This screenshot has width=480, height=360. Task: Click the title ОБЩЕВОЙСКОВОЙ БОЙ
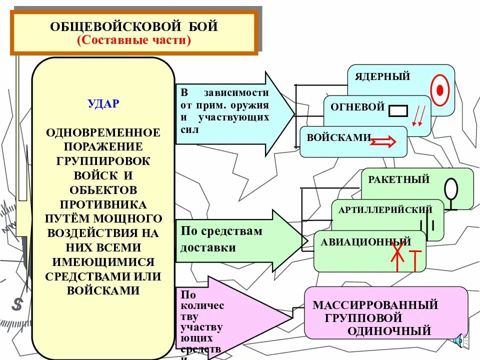(134, 26)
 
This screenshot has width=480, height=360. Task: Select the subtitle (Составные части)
(134, 40)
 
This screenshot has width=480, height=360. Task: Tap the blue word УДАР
(103, 104)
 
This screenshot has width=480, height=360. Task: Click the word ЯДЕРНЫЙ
(382, 76)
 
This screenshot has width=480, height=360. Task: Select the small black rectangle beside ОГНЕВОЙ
(397, 110)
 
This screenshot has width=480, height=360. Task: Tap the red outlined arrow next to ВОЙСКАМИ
(382, 143)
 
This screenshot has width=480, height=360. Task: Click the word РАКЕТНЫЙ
(399, 179)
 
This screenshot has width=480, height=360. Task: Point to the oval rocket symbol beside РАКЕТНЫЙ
(451, 190)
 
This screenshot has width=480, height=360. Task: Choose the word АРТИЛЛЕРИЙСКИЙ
(385, 209)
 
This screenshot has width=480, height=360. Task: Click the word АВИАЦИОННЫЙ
(366, 242)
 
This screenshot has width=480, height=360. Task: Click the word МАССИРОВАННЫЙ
(375, 304)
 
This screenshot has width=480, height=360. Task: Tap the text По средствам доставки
(221, 239)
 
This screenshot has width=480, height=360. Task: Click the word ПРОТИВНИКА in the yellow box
(103, 205)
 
